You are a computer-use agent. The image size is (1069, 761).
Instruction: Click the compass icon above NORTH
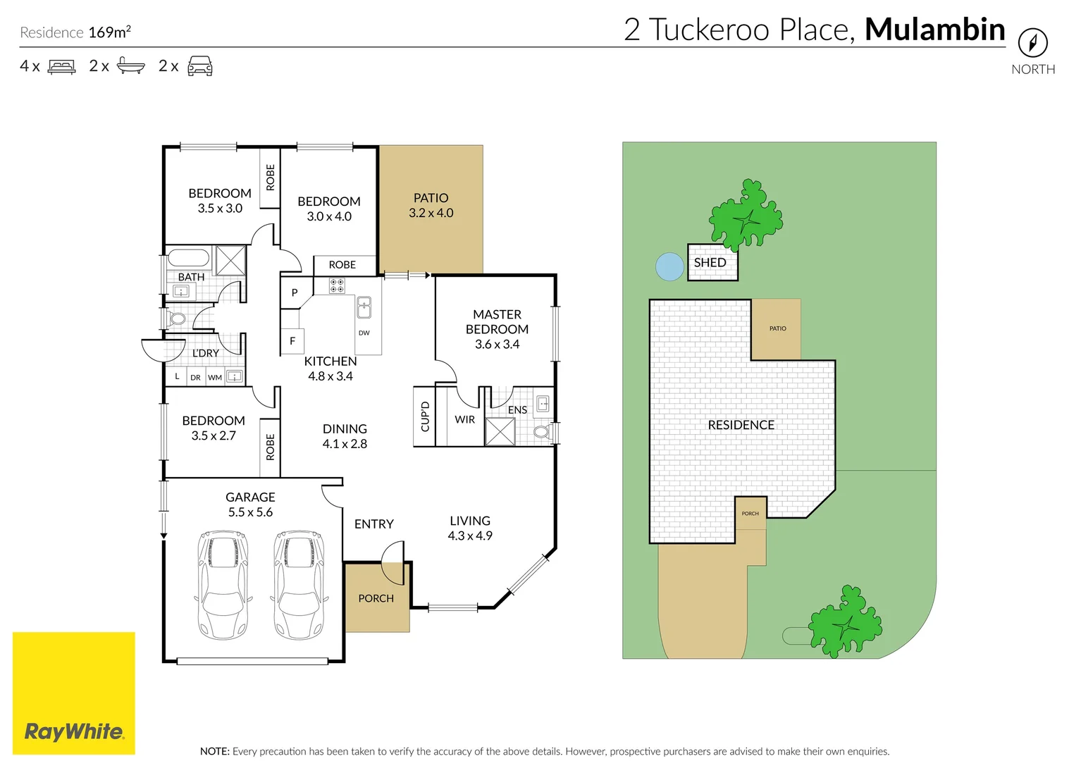(1032, 43)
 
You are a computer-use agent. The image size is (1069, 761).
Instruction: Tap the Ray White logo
(74, 731)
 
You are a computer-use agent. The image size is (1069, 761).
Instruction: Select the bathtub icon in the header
(130, 66)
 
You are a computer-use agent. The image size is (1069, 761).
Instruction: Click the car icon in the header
(200, 66)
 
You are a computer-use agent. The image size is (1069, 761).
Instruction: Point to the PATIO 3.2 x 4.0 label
(431, 206)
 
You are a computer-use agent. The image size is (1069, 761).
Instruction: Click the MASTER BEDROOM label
(497, 322)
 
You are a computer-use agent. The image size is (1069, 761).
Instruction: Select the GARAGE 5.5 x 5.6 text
(250, 505)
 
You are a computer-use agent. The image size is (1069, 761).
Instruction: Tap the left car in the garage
(223, 585)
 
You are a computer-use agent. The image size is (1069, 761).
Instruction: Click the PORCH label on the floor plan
(376, 598)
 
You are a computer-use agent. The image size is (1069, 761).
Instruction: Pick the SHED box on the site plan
(712, 262)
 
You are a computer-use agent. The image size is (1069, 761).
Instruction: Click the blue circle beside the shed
(669, 267)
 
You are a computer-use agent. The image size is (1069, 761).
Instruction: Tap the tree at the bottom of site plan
(845, 622)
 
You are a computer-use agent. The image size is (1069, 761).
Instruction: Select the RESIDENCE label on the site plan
(741, 425)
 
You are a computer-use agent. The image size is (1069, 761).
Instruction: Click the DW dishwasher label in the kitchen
(364, 333)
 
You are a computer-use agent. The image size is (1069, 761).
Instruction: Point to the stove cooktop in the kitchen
(337, 285)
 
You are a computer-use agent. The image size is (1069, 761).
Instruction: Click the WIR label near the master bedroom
(464, 419)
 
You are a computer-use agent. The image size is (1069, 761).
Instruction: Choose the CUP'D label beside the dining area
(425, 416)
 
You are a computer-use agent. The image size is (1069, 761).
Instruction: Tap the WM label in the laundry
(215, 378)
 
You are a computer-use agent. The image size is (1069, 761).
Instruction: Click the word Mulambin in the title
(934, 30)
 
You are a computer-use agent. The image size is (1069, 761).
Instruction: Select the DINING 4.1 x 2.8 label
(345, 436)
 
